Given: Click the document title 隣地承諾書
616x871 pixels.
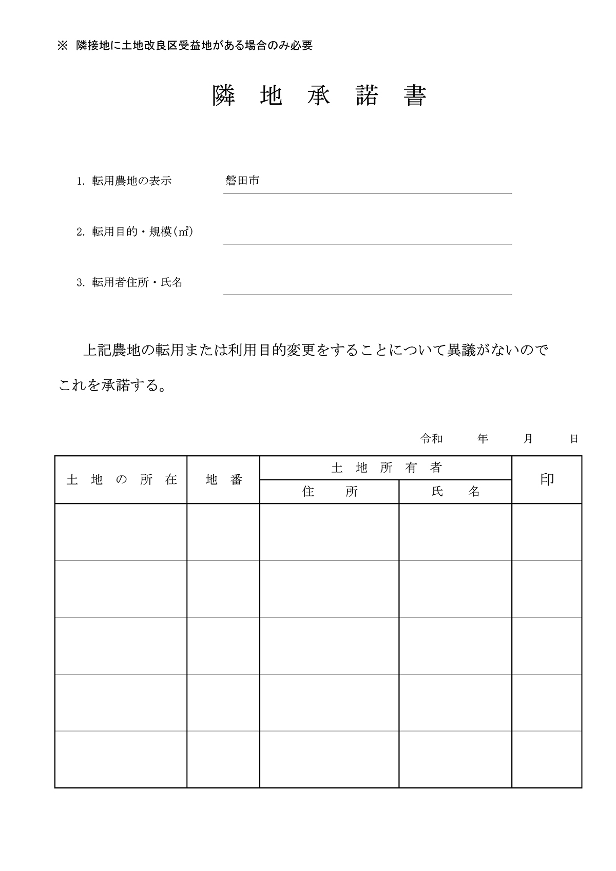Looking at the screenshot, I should (319, 95).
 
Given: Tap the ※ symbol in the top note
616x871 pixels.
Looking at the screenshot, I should (63, 46).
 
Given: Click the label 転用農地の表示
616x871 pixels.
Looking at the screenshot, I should (131, 181).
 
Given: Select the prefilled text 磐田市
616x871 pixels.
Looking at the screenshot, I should (242, 181).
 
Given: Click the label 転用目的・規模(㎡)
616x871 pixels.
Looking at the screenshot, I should (142, 232).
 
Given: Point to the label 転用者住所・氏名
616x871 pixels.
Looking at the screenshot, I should (137, 282).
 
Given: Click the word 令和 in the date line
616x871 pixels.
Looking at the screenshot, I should (431, 439).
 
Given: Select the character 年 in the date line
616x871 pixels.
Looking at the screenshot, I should (483, 439).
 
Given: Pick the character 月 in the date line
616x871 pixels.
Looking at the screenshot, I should (528, 439).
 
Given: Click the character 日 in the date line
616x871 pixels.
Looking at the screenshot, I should (574, 439).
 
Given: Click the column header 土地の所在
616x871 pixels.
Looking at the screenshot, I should (121, 480).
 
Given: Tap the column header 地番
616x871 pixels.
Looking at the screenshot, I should (224, 480).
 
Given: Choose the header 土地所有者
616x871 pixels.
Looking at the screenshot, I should (386, 468).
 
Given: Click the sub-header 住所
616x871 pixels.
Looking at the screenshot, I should (330, 492).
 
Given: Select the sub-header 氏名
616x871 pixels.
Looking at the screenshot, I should (455, 492).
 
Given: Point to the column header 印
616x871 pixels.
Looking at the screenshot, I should (547, 479).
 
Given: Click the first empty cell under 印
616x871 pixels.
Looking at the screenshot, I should (547, 532).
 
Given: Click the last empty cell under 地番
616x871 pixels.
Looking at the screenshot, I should (223, 759).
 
